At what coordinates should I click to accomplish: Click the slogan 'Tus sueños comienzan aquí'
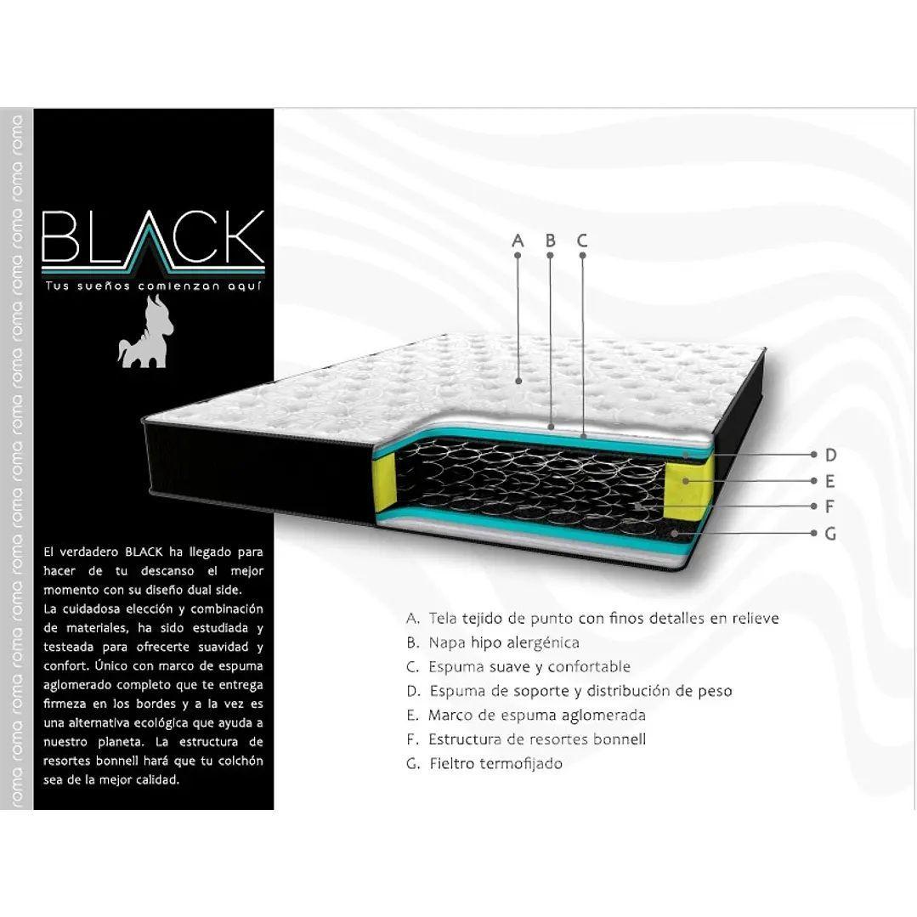[153, 286]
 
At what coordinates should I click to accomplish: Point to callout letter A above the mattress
[518, 241]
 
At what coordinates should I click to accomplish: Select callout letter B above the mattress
[550, 241]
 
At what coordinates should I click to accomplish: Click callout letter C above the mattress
[582, 241]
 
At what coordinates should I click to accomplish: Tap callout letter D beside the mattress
[830, 455]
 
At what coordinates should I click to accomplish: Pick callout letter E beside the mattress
[830, 481]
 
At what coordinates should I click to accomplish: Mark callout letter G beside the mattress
[830, 534]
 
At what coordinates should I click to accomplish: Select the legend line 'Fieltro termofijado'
[484, 764]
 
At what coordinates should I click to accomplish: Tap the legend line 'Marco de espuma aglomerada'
[526, 715]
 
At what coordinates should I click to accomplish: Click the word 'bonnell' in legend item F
[620, 739]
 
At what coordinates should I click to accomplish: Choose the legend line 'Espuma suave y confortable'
[518, 667]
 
